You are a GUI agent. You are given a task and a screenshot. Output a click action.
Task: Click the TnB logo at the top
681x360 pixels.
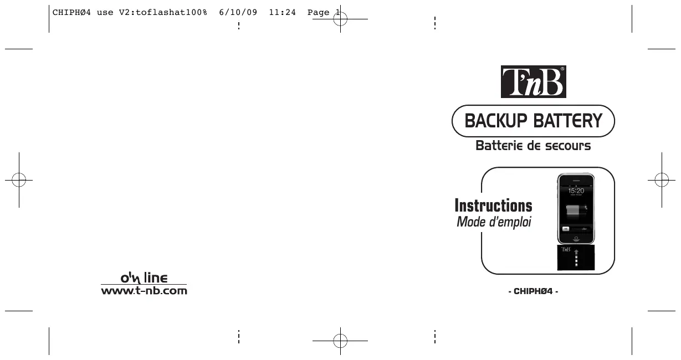click(533, 82)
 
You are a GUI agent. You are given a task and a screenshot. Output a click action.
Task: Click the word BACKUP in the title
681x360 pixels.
click(496, 121)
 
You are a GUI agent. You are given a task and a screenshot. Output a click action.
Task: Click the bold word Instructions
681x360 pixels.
click(493, 206)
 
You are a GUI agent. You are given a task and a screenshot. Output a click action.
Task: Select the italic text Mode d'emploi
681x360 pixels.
click(494, 223)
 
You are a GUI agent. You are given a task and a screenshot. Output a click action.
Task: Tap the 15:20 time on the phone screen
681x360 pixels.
click(576, 191)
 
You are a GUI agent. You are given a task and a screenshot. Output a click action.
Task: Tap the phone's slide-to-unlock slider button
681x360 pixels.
click(566, 228)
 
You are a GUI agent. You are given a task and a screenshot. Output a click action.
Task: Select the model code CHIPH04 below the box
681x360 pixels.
click(533, 291)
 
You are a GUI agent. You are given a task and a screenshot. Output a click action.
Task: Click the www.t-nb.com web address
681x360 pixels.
click(144, 290)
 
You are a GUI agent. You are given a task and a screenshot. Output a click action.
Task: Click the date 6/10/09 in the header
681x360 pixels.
click(238, 12)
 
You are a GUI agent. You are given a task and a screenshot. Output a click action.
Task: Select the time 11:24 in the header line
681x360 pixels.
click(282, 12)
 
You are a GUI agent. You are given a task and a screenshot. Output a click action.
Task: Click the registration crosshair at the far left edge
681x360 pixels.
click(18, 179)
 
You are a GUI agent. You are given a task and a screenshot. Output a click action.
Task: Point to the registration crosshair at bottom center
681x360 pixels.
click(340, 340)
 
